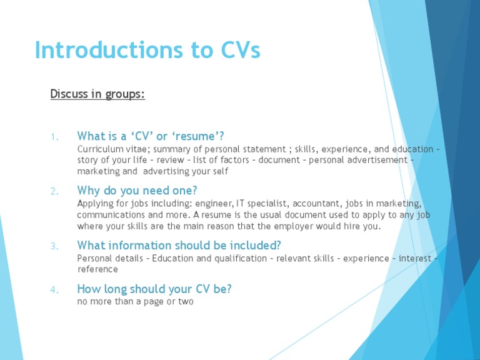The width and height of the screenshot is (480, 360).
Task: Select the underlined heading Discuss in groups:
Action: (x=97, y=94)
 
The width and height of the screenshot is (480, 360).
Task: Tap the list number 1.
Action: (x=54, y=137)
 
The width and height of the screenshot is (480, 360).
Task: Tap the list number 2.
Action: (x=54, y=191)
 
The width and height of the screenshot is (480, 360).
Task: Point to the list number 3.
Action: (x=54, y=246)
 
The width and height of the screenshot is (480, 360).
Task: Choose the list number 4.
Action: (x=54, y=289)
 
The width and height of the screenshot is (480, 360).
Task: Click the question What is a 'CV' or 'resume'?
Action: (x=151, y=136)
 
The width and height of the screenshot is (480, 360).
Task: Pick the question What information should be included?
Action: (x=179, y=245)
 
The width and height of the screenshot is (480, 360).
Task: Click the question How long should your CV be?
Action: (x=154, y=289)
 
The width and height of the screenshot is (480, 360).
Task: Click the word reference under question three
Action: (x=97, y=269)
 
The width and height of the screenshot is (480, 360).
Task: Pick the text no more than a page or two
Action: (x=135, y=302)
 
